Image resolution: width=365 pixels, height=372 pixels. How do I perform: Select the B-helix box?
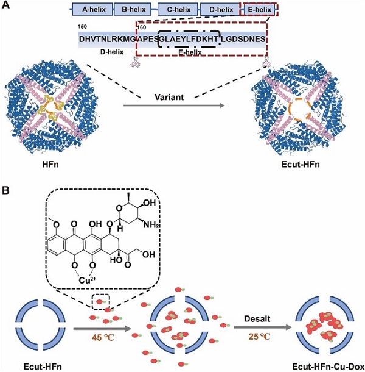(x=134, y=10)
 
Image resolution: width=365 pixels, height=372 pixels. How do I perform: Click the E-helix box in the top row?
(x=260, y=10)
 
